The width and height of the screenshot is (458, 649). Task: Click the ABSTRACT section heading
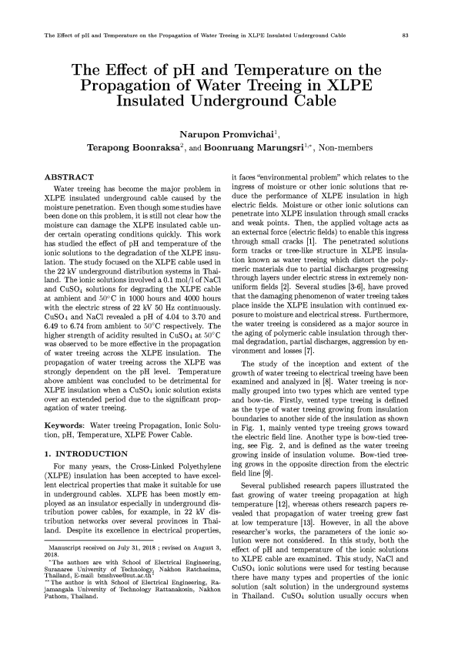coord(71,178)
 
